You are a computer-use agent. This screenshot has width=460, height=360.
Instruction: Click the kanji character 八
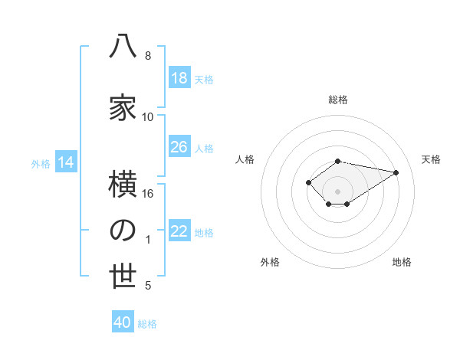coord(123,46)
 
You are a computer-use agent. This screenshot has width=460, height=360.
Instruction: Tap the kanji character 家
coord(123,107)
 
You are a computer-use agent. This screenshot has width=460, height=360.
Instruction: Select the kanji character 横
coord(123,184)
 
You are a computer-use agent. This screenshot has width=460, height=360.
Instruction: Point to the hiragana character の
coord(123,231)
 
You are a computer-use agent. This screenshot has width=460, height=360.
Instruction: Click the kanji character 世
coord(123,276)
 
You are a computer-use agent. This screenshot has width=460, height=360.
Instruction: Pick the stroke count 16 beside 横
coord(147,194)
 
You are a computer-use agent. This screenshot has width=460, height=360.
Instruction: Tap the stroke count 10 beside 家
coord(147,117)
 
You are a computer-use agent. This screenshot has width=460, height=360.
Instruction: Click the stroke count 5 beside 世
coord(148,286)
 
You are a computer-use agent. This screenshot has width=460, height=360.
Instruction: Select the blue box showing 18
coord(179,77)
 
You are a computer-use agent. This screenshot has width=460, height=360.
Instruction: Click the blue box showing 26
coord(179,146)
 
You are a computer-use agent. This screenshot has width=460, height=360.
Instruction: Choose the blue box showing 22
coord(179,230)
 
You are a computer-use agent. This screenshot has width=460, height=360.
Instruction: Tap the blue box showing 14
coord(66,162)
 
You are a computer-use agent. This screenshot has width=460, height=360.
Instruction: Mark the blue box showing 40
coord(123,321)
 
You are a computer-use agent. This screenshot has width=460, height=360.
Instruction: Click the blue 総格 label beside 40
coord(147,324)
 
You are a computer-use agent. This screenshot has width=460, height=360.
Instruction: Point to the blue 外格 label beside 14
coord(41,164)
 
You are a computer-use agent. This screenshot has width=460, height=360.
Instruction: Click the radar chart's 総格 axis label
coord(338,100)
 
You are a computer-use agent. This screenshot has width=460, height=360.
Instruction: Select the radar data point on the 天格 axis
coord(396,172)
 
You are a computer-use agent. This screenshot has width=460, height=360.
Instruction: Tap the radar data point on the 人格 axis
coord(308,182)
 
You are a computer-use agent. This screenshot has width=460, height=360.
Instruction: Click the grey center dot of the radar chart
coord(337,191)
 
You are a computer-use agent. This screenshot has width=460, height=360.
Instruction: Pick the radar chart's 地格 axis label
coord(402,262)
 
